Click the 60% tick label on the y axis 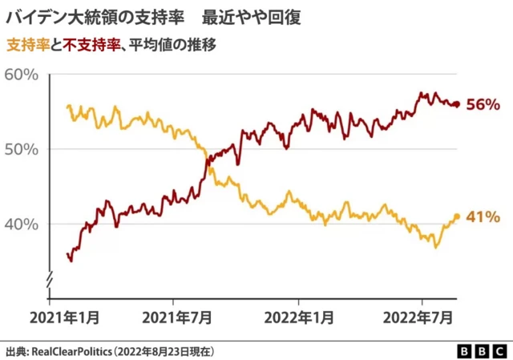pos(22,75)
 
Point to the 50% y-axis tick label pos(22,149)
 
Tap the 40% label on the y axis pos(22,224)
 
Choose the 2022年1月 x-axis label pos(298,318)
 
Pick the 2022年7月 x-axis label pos(422,318)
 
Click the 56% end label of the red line pos(484,104)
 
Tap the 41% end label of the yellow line pos(484,216)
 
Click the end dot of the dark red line pos(456,104)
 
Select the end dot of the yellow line pos(457,216)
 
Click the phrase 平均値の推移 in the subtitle pos(167,43)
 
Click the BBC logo pos(480,350)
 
